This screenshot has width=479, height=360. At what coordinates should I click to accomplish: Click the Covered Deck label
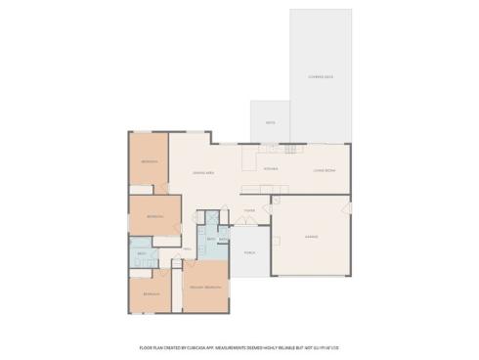click(322, 76)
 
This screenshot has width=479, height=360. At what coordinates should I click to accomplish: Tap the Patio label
click(270, 122)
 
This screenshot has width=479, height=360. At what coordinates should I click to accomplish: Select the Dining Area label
click(203, 173)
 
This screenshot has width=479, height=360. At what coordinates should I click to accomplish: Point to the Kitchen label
click(272, 168)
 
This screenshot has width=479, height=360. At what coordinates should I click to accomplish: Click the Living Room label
click(325, 171)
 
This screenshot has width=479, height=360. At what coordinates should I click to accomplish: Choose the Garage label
click(310, 238)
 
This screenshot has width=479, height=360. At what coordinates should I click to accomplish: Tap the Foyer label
click(250, 209)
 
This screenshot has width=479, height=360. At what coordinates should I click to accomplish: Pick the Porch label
click(249, 251)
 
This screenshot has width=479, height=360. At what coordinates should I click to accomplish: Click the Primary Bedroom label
click(204, 287)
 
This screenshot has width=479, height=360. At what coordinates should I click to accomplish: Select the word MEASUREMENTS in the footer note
click(252, 346)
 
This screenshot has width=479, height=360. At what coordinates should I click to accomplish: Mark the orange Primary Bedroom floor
click(204, 298)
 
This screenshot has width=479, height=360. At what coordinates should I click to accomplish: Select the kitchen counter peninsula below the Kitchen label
click(265, 188)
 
